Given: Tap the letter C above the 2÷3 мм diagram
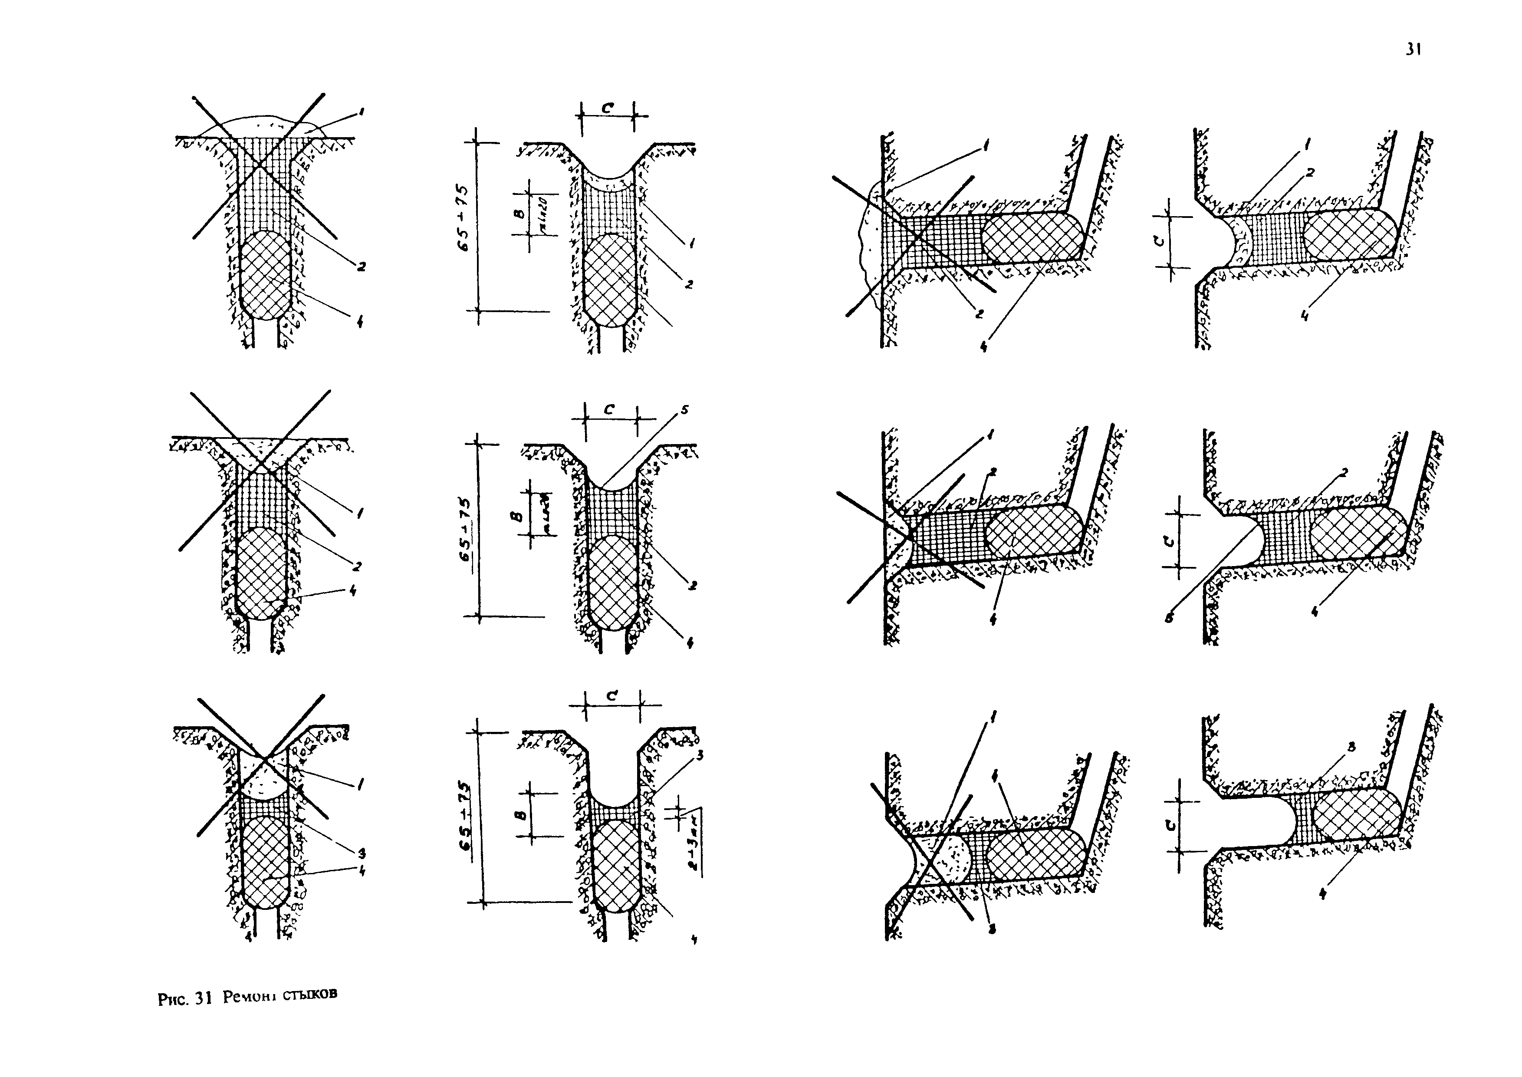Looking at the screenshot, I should pos(612,696).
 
